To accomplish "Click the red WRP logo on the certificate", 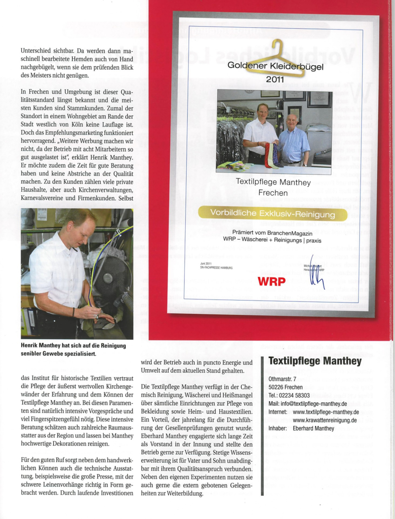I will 270,281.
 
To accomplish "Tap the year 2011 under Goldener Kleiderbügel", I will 275,79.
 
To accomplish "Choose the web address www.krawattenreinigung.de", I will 324,420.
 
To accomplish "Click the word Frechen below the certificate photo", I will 273,193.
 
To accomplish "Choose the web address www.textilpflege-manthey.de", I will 325,412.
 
